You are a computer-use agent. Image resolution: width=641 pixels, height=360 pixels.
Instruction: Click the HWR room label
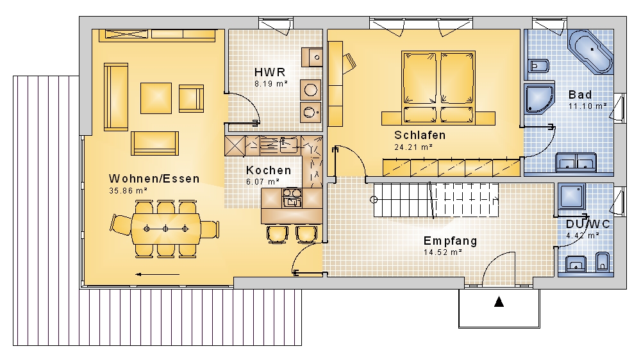point(270,72)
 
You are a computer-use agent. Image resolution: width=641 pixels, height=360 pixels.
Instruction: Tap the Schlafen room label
point(420,135)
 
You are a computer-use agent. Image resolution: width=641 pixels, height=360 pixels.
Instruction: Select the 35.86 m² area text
point(128,190)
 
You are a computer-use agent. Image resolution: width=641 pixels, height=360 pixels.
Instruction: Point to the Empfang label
point(451,241)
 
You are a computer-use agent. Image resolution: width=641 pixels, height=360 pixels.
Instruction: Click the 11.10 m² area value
point(587,106)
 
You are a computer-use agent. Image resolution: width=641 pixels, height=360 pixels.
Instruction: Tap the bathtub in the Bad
point(591,51)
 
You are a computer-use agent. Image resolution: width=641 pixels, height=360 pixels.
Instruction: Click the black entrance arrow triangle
point(499,302)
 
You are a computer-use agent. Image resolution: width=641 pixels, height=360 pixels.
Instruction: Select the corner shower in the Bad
point(539,99)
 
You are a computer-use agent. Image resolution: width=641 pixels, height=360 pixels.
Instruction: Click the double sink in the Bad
point(576,162)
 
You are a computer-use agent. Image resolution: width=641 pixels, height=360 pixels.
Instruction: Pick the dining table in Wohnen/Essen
point(165,229)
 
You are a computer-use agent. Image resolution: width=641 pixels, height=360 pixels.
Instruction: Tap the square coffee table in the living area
point(156,98)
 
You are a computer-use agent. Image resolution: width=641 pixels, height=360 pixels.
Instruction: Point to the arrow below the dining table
point(158,275)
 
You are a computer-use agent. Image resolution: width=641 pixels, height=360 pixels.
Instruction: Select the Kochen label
point(269,170)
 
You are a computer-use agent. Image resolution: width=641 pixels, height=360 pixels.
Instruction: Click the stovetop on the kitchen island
point(292,197)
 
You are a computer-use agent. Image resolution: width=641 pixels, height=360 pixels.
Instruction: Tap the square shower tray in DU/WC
point(572,196)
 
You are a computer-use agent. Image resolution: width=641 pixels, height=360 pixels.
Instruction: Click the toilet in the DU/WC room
point(603,262)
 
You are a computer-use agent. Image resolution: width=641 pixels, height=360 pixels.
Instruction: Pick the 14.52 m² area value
point(443,252)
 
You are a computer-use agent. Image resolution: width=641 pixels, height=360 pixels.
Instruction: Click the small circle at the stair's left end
point(374,200)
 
